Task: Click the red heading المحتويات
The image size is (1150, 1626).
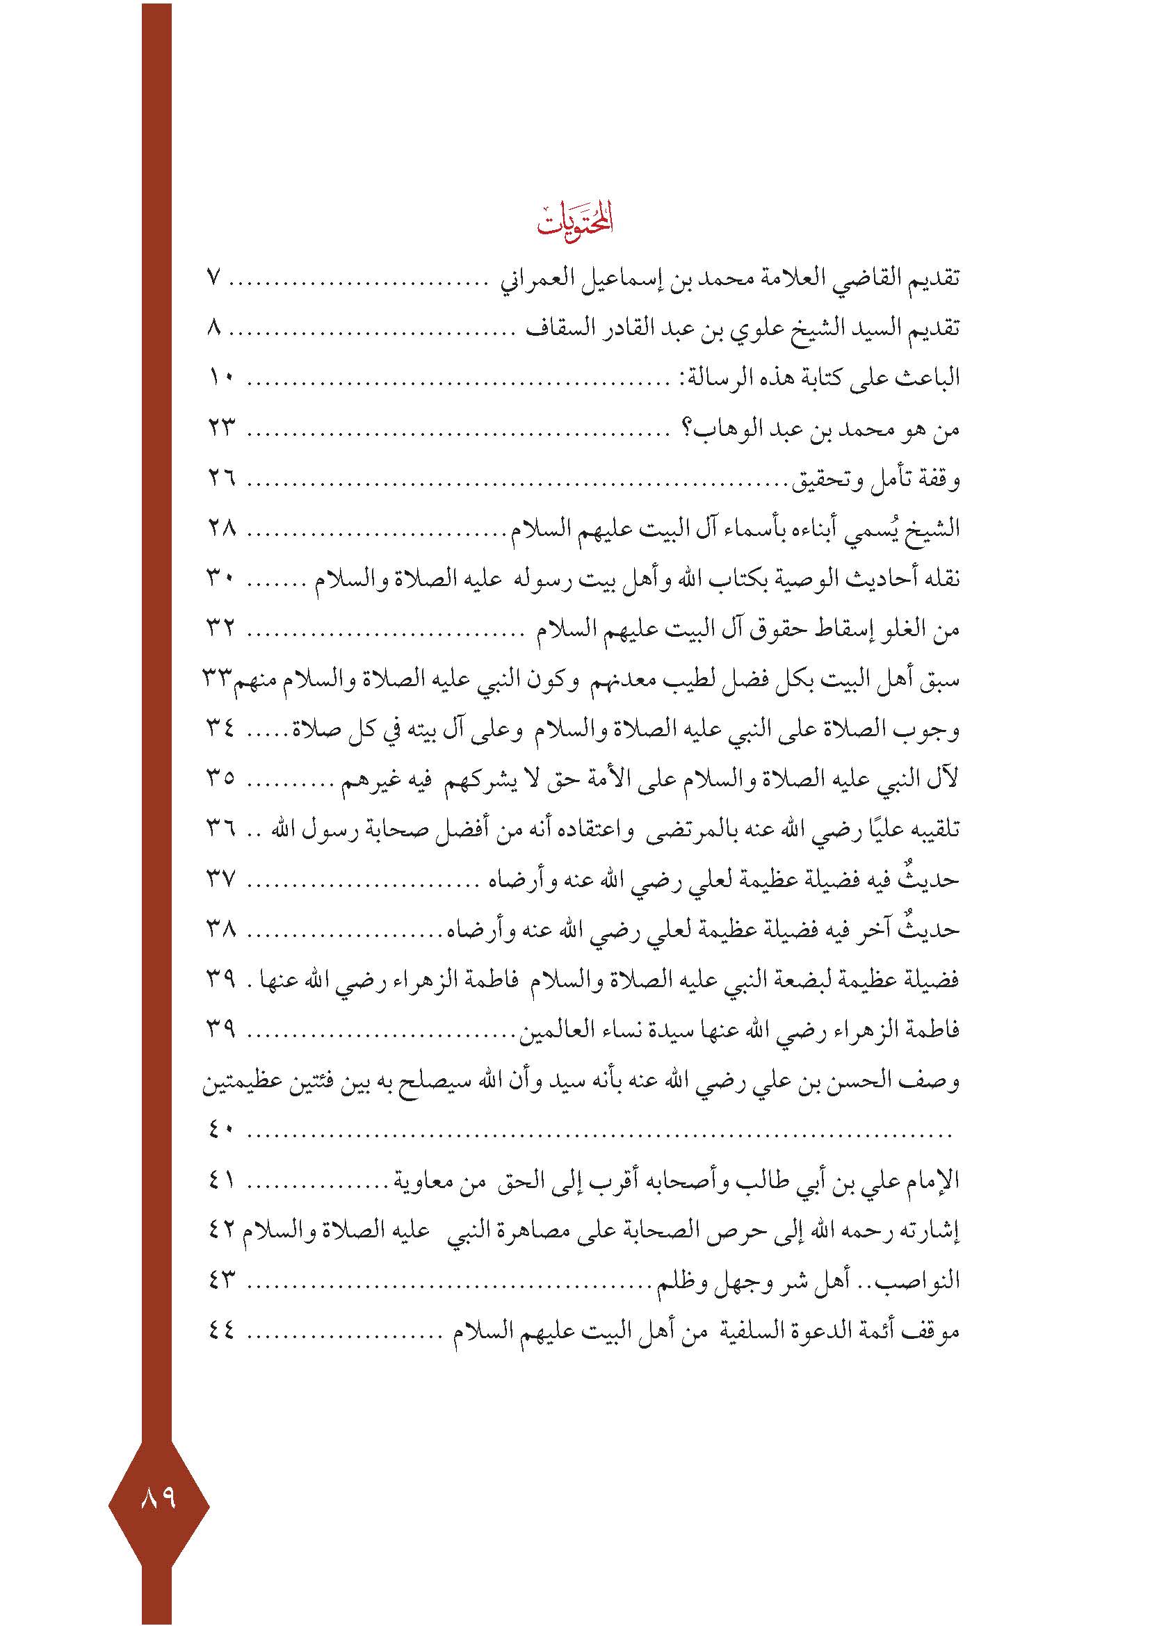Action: (574, 221)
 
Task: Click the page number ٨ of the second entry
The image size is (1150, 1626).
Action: (216, 328)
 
